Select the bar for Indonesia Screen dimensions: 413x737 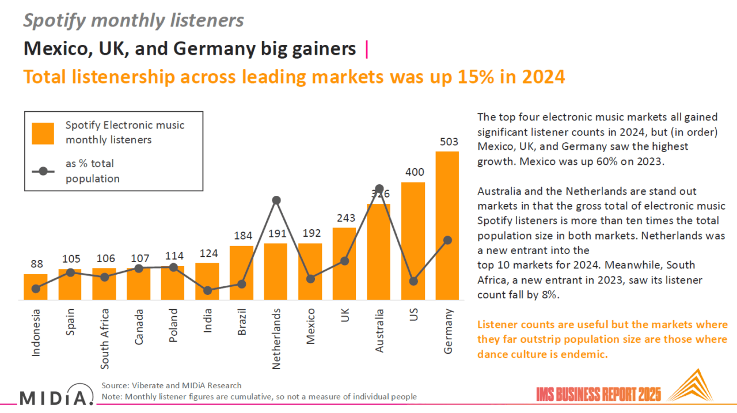(x=36, y=286)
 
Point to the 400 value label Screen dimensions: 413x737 (x=413, y=172)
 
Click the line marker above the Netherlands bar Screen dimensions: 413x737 (x=276, y=200)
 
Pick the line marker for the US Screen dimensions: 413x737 (x=413, y=281)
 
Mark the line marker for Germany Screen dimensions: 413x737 (x=447, y=240)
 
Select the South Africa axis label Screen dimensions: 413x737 (x=104, y=338)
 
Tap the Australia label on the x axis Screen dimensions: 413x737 (x=379, y=332)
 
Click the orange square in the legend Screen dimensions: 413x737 (x=43, y=133)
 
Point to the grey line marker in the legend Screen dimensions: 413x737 (x=43, y=171)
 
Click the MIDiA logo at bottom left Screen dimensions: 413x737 (x=56, y=397)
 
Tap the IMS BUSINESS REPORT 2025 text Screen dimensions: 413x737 (x=599, y=395)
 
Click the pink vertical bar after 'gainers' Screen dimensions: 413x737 (x=367, y=50)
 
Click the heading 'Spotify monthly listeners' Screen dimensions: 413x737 (x=134, y=21)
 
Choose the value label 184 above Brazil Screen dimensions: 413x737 (x=242, y=236)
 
